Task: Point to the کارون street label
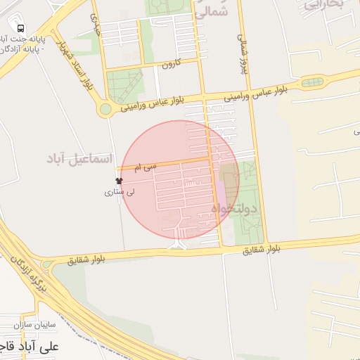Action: point(171,64)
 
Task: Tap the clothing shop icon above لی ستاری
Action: point(118,181)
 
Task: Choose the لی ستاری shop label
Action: point(120,191)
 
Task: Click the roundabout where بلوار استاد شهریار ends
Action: point(105,109)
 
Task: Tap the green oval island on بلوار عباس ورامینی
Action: point(312,82)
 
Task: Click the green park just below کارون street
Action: point(124,86)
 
